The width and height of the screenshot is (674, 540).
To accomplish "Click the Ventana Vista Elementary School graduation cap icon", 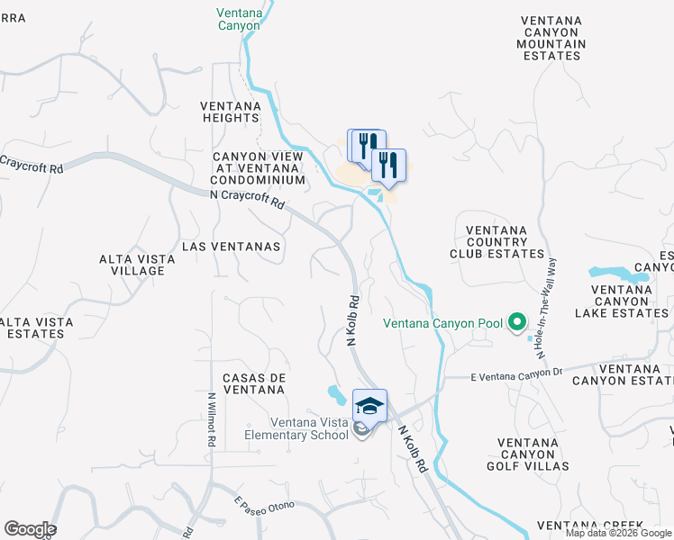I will coord(369,405).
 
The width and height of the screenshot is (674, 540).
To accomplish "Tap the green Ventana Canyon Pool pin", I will coord(517,322).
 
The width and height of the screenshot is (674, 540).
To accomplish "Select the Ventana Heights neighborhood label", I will coord(231,112).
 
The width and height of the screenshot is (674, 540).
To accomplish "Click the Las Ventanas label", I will coord(232,246).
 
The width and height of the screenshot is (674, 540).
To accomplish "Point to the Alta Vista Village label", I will coord(132,265).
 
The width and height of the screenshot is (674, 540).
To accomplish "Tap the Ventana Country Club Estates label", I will coord(496,242).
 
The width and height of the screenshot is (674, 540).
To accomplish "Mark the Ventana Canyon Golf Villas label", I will coord(534,454).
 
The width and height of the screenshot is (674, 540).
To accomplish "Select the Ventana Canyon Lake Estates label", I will coord(629,301).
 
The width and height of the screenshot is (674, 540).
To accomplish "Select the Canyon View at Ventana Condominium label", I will coord(259,168).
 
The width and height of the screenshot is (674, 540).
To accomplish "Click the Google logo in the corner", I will coord(29,529).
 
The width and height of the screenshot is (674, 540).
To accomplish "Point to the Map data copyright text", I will coord(618,533).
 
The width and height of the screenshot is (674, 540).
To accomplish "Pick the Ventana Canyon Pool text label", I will coord(442,323).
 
